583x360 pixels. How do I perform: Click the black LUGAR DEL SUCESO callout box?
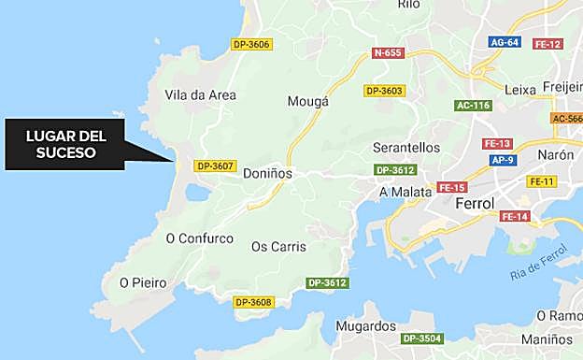pyautogui.click(x=64, y=144)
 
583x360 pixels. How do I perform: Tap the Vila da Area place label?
pyautogui.click(x=200, y=94)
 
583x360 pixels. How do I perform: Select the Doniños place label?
pyautogui.click(x=267, y=173)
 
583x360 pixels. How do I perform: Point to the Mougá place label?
pyautogui.click(x=308, y=101)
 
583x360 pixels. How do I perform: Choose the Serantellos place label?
pyautogui.click(x=405, y=148)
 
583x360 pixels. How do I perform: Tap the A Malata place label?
pyautogui.click(x=405, y=192)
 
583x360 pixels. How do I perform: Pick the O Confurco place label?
pyautogui.click(x=199, y=238)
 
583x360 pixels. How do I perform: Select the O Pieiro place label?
pyautogui.click(x=143, y=282)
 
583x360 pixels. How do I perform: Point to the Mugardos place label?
pyautogui.click(x=365, y=326)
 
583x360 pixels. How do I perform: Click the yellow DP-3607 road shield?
pyautogui.click(x=214, y=166)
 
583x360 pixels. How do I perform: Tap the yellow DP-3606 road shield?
pyautogui.click(x=251, y=44)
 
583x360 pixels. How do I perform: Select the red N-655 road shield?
pyautogui.click(x=387, y=53)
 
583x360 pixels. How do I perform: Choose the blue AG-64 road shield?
pyautogui.click(x=505, y=42)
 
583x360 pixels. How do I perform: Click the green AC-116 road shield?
pyautogui.click(x=473, y=106)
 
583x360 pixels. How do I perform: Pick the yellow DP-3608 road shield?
pyautogui.click(x=252, y=302)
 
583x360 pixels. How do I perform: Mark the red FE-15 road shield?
pyautogui.click(x=451, y=187)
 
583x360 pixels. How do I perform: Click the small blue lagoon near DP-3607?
pyautogui.click(x=198, y=192)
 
